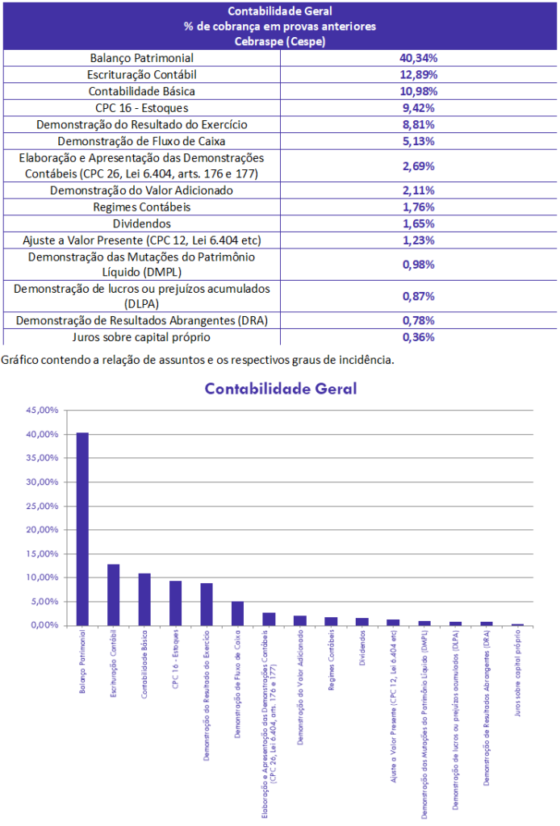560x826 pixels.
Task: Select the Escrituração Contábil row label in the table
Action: (141, 75)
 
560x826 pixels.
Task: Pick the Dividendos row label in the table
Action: (141, 223)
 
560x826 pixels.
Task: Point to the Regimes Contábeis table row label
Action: (141, 207)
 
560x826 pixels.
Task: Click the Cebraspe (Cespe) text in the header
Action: (280, 41)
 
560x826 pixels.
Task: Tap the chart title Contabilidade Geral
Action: (280, 389)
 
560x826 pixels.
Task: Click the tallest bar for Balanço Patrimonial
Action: (82, 528)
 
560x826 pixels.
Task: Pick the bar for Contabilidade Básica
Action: (144, 599)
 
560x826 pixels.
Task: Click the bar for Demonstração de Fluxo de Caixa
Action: (237, 613)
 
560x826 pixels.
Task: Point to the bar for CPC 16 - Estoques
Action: (175, 603)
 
